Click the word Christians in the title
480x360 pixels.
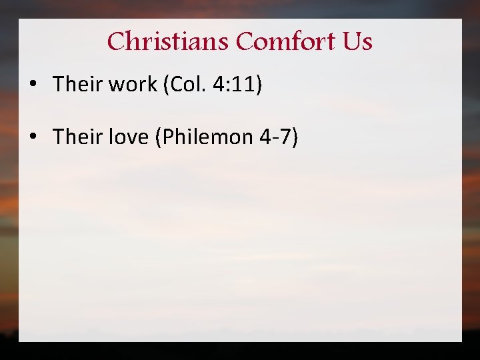tap(169, 42)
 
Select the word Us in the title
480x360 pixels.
tap(357, 42)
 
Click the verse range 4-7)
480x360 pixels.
tap(281, 137)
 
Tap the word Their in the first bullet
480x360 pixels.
tap(75, 84)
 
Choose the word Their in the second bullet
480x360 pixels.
tap(75, 137)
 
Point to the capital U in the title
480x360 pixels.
tap(351, 42)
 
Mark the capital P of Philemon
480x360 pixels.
tap(166, 137)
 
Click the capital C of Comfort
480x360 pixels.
tap(244, 42)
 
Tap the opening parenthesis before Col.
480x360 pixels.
tap(158, 85)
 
